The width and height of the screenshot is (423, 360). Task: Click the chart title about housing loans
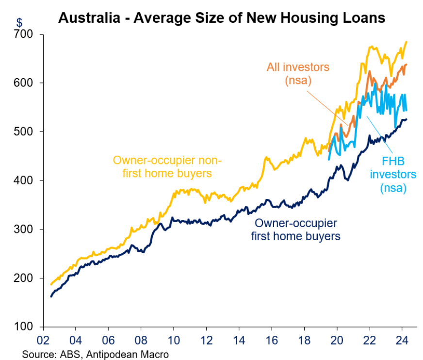click(x=221, y=18)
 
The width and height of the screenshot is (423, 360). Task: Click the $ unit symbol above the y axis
click(x=19, y=22)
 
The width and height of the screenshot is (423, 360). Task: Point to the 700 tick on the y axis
click(x=24, y=35)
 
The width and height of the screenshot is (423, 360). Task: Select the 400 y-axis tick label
click(x=24, y=180)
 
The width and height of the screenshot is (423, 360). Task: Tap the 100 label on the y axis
click(x=24, y=327)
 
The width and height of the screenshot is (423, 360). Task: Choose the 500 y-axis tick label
click(x=24, y=132)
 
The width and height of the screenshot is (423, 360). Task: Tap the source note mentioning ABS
click(x=95, y=354)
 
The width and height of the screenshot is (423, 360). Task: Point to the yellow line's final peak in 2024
click(x=406, y=42)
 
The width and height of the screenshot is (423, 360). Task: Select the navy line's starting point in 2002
click(x=51, y=296)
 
